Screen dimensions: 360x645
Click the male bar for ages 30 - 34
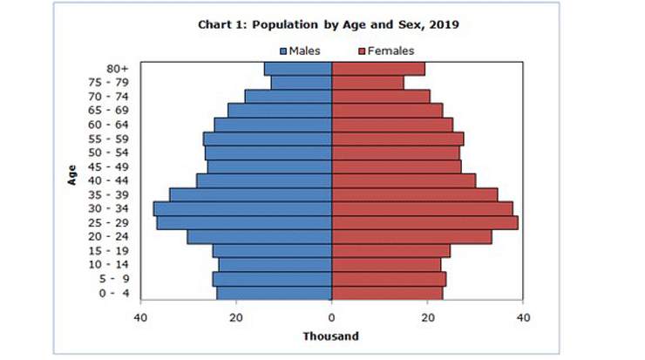[x=242, y=209]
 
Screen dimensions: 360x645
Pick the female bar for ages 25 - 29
[x=424, y=223]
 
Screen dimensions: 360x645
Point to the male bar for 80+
[x=298, y=69]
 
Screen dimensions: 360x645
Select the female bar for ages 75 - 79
[x=367, y=83]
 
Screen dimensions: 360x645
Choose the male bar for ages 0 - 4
[x=274, y=293]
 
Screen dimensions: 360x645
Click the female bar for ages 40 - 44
[x=404, y=180]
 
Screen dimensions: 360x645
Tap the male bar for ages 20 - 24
[x=259, y=237]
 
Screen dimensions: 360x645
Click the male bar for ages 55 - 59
[x=268, y=139]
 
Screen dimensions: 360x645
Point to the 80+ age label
[x=116, y=69]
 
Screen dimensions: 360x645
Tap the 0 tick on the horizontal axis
[x=331, y=317]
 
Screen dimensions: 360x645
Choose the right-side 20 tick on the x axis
[x=427, y=317]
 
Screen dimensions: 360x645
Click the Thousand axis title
[x=330, y=336]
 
